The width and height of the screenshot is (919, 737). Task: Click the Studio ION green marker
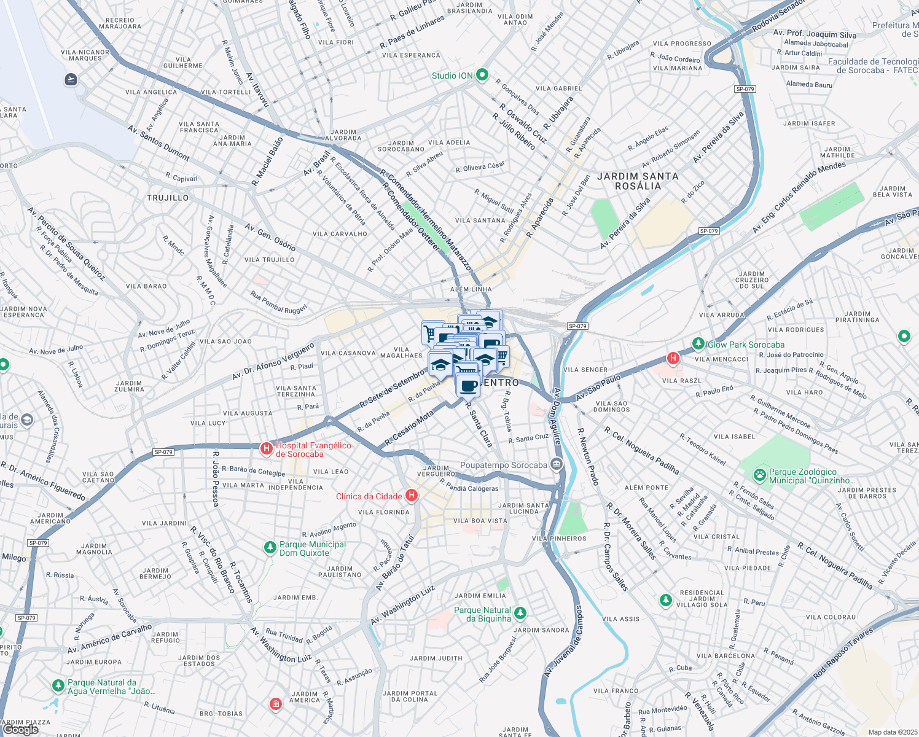[x=482, y=75]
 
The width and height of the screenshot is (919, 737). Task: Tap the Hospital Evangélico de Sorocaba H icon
[x=267, y=448]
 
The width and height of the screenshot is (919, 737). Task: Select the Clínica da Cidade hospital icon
[x=412, y=496]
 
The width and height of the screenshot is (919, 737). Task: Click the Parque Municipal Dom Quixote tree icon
[x=270, y=547]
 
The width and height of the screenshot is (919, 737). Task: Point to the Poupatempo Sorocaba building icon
[x=557, y=464]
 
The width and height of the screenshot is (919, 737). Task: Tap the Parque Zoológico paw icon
[x=760, y=474]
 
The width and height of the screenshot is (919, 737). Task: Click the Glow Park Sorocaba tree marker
[x=698, y=343]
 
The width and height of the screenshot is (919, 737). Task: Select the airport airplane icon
[x=71, y=79]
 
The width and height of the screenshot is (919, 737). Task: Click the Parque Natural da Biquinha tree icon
[x=520, y=613]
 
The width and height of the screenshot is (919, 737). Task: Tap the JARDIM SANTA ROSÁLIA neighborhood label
[x=638, y=181]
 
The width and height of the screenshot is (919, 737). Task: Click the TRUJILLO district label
[x=168, y=198]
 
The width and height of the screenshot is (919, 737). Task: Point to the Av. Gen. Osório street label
[x=270, y=237]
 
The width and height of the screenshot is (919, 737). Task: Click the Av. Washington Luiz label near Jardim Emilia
[x=402, y=605]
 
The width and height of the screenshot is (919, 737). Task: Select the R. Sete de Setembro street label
[x=392, y=389]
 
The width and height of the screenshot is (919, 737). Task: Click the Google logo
[x=20, y=729]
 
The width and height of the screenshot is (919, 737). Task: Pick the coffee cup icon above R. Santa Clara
[x=468, y=386]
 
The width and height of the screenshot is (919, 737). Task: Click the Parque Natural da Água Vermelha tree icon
[x=58, y=685]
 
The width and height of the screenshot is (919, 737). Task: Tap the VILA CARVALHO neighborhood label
[x=340, y=234]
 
